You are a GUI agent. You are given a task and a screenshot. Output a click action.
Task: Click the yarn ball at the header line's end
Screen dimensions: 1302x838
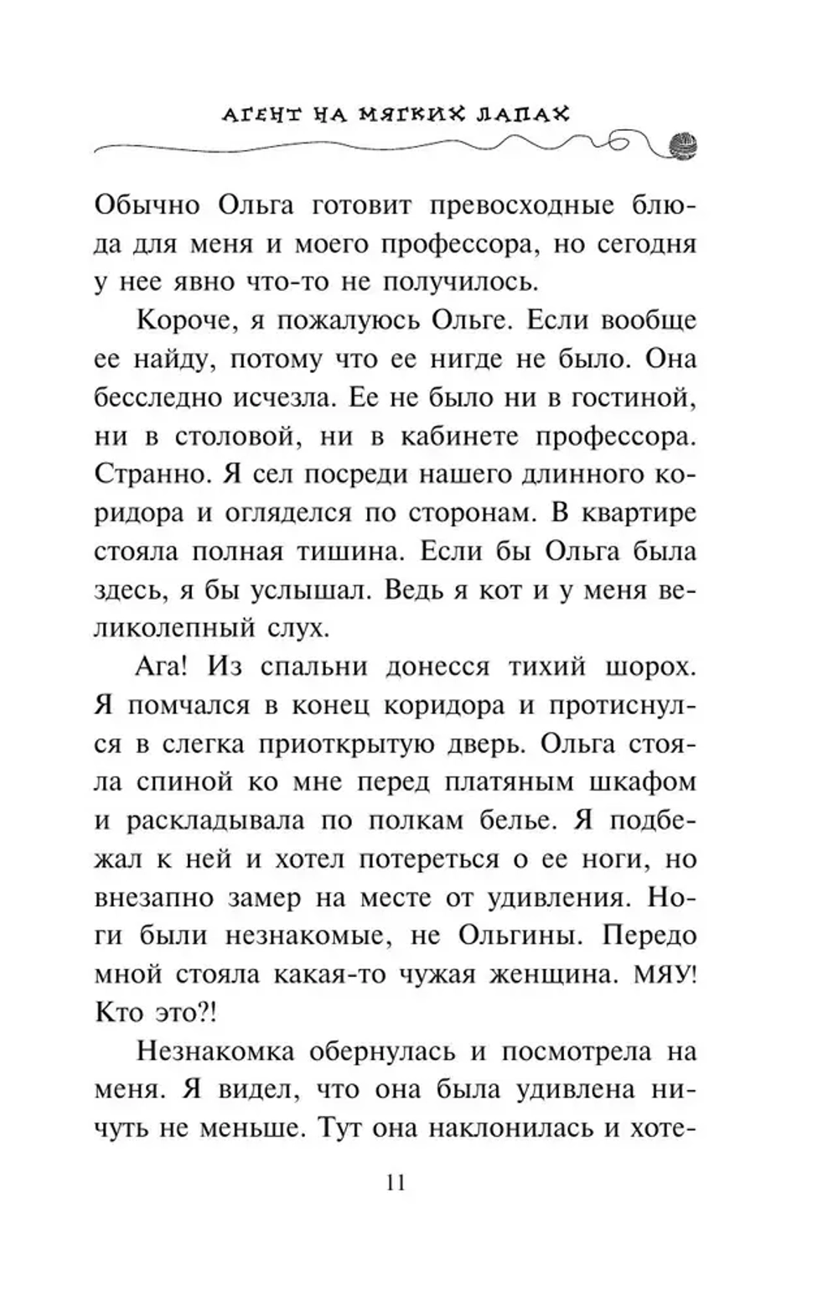684,145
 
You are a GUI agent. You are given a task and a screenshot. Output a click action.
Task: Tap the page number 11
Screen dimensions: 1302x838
396,1183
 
